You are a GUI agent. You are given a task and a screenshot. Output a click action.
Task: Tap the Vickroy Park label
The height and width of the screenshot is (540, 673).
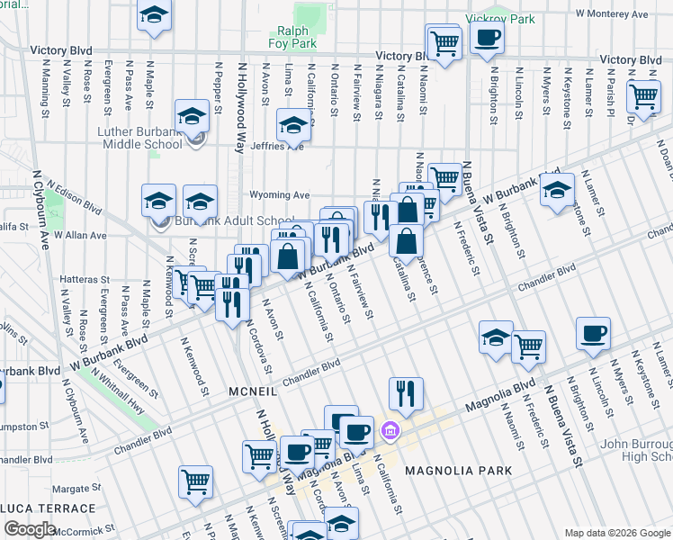(x=499, y=19)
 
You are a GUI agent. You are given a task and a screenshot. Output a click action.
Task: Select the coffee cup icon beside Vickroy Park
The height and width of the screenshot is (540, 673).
(x=487, y=39)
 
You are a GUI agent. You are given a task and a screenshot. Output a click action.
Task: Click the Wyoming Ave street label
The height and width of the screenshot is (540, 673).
(x=279, y=194)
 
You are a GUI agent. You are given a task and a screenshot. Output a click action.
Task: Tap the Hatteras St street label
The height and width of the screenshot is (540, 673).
(x=85, y=280)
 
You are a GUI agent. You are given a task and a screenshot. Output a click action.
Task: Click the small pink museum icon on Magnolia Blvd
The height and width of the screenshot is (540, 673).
(x=390, y=431)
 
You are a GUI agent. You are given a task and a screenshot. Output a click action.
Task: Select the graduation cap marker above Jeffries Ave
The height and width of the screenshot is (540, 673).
(x=293, y=126)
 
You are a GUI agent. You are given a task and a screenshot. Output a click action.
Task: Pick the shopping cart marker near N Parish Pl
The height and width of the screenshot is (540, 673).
(x=644, y=95)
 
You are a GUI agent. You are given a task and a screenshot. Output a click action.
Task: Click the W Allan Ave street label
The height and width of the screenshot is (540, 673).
(x=80, y=236)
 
